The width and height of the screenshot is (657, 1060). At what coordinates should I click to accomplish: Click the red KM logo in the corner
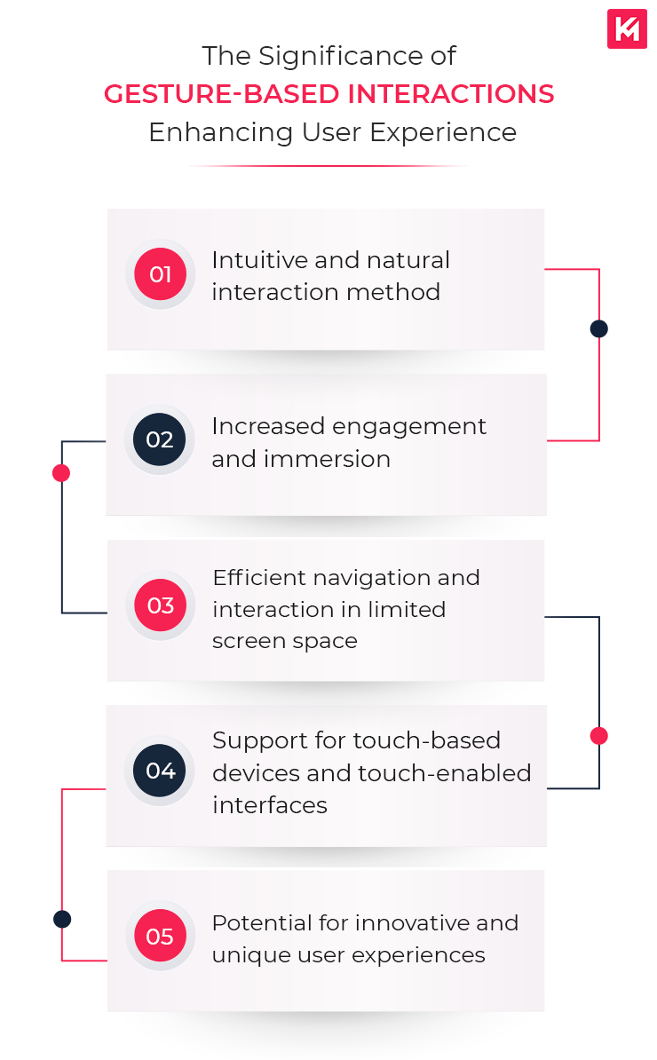tap(626, 28)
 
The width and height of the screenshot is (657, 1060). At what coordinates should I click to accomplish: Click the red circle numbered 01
tap(160, 274)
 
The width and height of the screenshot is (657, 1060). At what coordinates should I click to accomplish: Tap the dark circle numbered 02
tap(160, 439)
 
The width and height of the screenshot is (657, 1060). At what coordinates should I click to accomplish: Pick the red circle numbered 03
tap(160, 605)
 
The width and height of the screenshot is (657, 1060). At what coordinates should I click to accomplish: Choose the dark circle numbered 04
tap(160, 771)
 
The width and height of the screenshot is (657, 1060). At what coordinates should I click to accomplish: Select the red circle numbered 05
tap(160, 937)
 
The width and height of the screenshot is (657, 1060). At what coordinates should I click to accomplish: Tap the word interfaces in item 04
tap(270, 805)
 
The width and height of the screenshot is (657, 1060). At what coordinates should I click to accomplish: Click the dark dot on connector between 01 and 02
tap(599, 329)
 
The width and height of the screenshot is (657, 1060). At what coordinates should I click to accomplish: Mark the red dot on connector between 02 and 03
tap(61, 473)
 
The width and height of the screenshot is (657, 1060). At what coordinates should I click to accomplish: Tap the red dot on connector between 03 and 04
tap(599, 736)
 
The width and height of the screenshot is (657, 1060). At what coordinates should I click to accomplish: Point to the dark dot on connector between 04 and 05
tap(61, 919)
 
